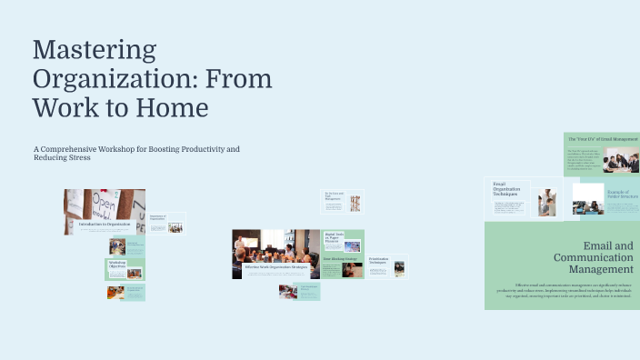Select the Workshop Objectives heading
[117, 266]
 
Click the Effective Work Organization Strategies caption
[276, 266]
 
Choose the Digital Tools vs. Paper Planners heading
[333, 238]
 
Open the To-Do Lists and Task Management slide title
[333, 195]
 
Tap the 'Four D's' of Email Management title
[603, 139]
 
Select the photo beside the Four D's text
[621, 161]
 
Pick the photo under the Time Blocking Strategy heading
[353, 270]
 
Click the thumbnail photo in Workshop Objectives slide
[135, 273]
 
